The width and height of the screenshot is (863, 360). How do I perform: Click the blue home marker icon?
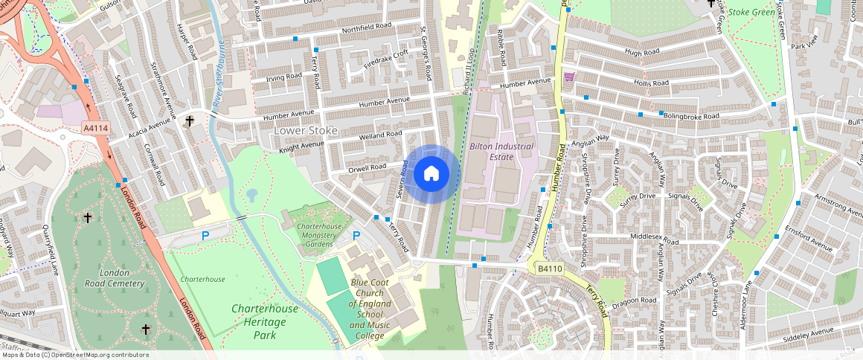pyautogui.click(x=431, y=174)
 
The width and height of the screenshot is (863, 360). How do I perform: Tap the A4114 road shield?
pyautogui.click(x=96, y=129)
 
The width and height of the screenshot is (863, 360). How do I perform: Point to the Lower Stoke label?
pyautogui.click(x=306, y=131)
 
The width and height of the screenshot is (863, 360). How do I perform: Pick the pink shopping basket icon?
pyautogui.click(x=570, y=77)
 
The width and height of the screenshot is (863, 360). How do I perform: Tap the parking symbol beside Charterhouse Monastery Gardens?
pyautogui.click(x=356, y=236)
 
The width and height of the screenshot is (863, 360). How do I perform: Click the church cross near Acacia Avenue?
pyautogui.click(x=190, y=120)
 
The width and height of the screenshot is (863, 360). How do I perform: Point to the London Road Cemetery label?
pyautogui.click(x=115, y=278)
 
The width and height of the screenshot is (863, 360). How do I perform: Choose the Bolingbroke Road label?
pyautogui.click(x=692, y=117)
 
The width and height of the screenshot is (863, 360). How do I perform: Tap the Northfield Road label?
pyautogui.click(x=366, y=29)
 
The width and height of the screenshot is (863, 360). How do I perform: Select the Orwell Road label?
pyautogui.click(x=368, y=168)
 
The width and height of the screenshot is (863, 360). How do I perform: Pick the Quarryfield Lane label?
pyautogui.click(x=50, y=250)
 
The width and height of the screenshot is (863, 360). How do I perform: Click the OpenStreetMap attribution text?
pyautogui.click(x=74, y=355)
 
